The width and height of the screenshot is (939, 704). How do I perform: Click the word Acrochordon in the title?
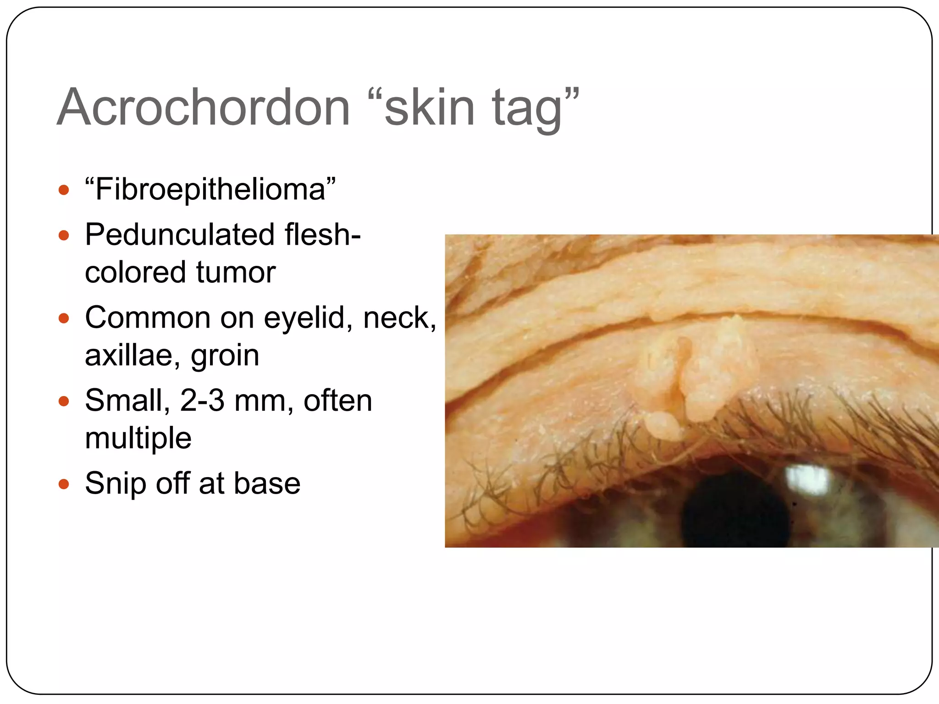pos(204,107)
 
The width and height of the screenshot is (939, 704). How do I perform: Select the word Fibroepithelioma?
pos(210,189)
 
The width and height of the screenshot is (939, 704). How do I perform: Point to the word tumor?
pos(236,272)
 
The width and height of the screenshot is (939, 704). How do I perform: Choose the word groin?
pos(225,356)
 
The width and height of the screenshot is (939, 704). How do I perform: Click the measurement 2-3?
pos(202,401)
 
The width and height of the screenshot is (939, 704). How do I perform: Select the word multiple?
pos(138,438)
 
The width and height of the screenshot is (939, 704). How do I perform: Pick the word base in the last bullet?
pos(267,484)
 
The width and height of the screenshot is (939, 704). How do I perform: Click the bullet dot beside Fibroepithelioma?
pos(64,190)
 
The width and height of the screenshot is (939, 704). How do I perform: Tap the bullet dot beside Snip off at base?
pos(64,484)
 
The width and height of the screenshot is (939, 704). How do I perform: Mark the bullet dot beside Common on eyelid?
pos(64,318)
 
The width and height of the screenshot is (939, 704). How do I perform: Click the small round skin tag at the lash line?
pos(663,426)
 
